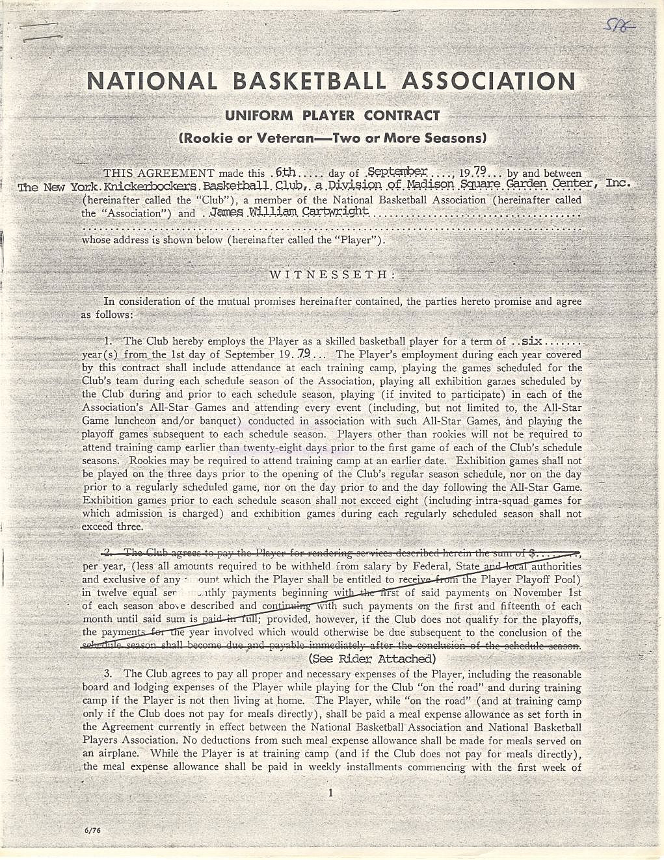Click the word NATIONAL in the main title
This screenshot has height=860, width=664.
[152, 81]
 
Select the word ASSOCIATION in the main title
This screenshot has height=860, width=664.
[488, 81]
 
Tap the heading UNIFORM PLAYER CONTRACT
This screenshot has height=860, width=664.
[332, 116]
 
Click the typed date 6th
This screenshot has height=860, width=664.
[285, 173]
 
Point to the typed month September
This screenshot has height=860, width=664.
[397, 172]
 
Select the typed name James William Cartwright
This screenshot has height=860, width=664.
[289, 212]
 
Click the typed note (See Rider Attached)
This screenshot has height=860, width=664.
[372, 658]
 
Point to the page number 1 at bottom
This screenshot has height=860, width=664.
[330, 792]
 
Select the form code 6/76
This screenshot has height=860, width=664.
[92, 830]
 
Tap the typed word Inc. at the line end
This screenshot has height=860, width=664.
[618, 183]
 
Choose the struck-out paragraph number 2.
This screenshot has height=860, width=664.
[107, 553]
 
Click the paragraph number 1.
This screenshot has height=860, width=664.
[108, 341]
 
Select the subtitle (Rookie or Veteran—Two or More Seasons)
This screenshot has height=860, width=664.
[332, 138]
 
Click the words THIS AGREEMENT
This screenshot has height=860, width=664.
[159, 174]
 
